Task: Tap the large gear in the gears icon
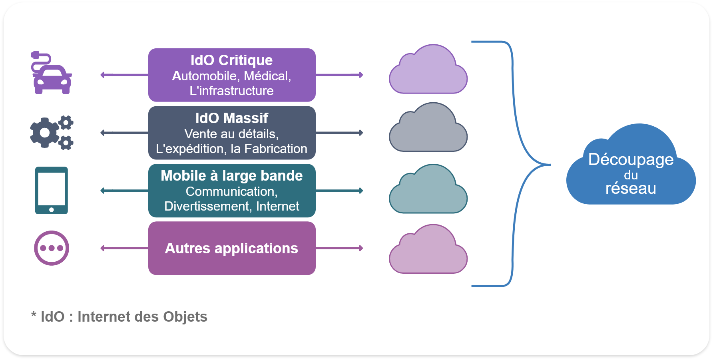click(x=44, y=133)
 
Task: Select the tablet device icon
click(x=52, y=190)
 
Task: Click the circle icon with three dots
click(x=52, y=248)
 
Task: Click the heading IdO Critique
click(x=231, y=60)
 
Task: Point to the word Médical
click(x=267, y=76)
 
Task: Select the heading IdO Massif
click(x=231, y=118)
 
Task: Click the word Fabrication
click(x=275, y=149)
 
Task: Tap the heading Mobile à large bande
click(x=231, y=176)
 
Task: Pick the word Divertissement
click(x=207, y=206)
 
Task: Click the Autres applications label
click(x=231, y=249)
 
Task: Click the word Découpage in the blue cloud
click(x=631, y=159)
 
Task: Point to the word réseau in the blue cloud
click(x=631, y=189)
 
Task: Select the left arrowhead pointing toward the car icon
click(x=102, y=75)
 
